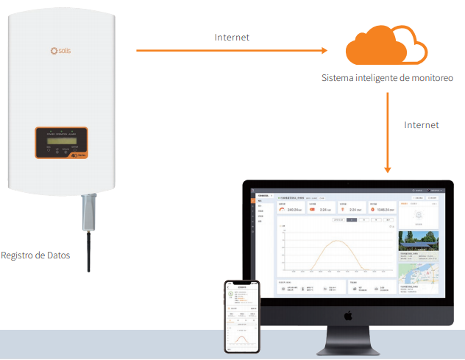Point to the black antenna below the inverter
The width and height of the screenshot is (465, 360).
coord(89,250)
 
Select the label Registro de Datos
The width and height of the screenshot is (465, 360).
coord(35,255)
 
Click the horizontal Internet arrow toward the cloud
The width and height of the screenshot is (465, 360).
coord(232,51)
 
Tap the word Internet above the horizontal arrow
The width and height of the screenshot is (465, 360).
coord(232,37)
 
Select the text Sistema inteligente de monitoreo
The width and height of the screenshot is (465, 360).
coord(387,77)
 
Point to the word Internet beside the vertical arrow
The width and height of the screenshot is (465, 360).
coord(421,125)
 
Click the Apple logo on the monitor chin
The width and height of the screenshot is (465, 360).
coord(348,314)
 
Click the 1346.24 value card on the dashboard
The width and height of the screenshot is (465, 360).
coord(380,208)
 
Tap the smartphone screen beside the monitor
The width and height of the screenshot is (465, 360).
coord(242,317)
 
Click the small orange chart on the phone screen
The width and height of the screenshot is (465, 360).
coord(242,333)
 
